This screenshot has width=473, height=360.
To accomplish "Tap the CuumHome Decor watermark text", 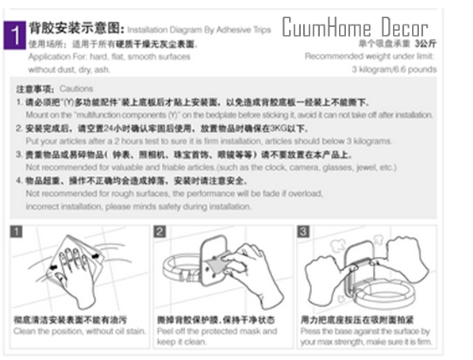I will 355,29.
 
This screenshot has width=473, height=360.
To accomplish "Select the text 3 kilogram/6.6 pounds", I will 394,69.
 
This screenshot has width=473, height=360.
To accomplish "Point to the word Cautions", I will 76,90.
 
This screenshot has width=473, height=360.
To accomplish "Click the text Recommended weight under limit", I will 370,56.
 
